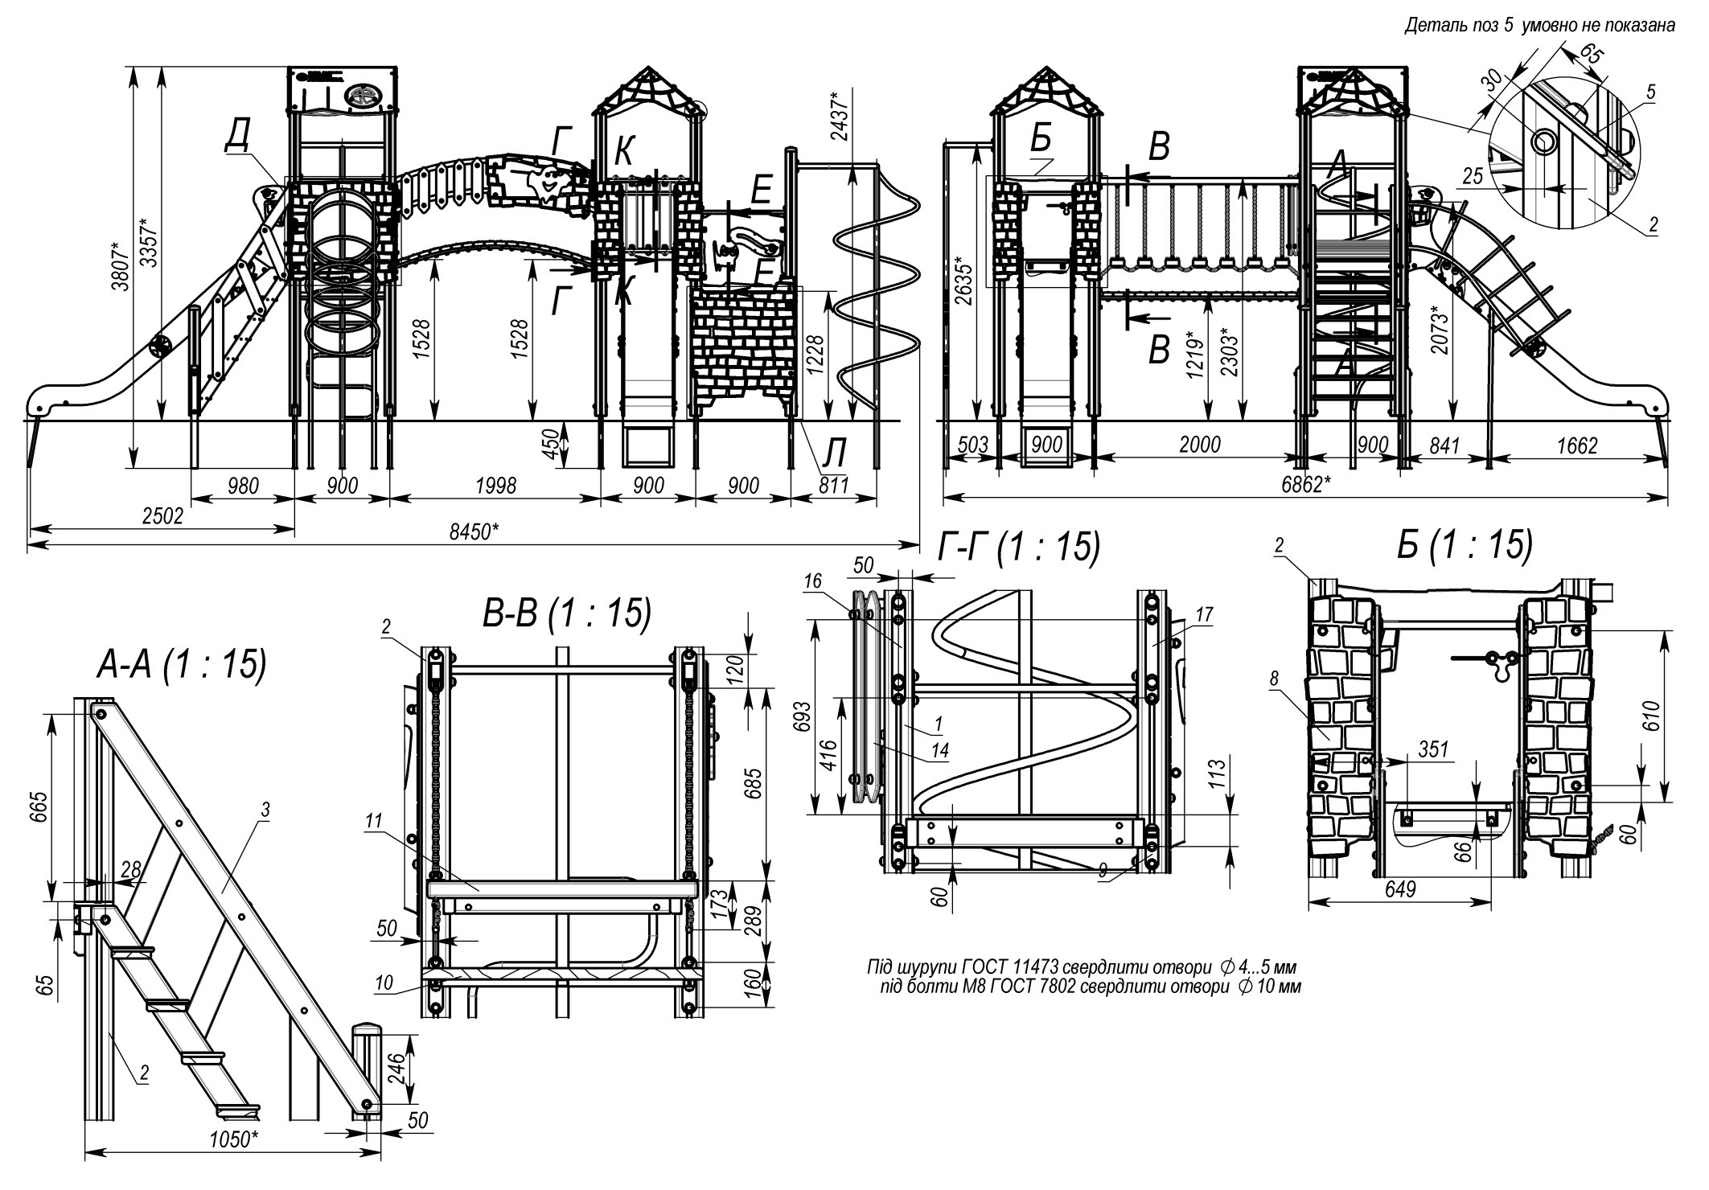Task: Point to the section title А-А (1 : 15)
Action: point(181,666)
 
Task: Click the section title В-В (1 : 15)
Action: point(566,613)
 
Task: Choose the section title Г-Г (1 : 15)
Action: point(1018,548)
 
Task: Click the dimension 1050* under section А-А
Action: point(234,1162)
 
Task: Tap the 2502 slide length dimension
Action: point(162,516)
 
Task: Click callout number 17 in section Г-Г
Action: point(1203,615)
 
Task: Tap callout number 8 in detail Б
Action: point(1274,679)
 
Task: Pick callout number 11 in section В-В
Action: point(373,822)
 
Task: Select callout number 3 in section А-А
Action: point(265,810)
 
